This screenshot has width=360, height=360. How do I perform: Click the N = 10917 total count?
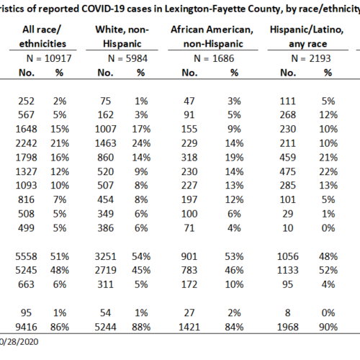click(49, 58)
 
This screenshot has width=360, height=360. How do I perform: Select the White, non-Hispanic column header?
click(122, 37)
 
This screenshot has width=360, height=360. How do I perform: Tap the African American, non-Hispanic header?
click(212, 37)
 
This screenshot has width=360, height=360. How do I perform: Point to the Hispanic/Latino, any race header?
click(307, 37)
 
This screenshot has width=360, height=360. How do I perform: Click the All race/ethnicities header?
click(42, 37)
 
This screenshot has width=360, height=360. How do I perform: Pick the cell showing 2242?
click(26, 143)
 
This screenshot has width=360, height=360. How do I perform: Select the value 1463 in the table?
click(105, 143)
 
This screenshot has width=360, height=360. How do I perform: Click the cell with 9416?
click(26, 327)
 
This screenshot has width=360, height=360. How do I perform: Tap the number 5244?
click(105, 327)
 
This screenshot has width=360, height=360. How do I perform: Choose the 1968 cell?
click(288, 327)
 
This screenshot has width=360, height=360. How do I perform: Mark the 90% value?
click(328, 327)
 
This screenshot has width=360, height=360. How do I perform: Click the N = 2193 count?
click(311, 58)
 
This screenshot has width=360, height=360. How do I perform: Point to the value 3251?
click(105, 256)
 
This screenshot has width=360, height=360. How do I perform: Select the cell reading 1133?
click(288, 270)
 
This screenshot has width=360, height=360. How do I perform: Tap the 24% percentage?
click(141, 143)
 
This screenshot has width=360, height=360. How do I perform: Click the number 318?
click(189, 158)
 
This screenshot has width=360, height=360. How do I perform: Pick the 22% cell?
click(328, 171)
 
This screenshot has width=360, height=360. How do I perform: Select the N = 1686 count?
click(214, 58)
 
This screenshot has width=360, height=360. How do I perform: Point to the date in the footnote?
click(19, 342)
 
